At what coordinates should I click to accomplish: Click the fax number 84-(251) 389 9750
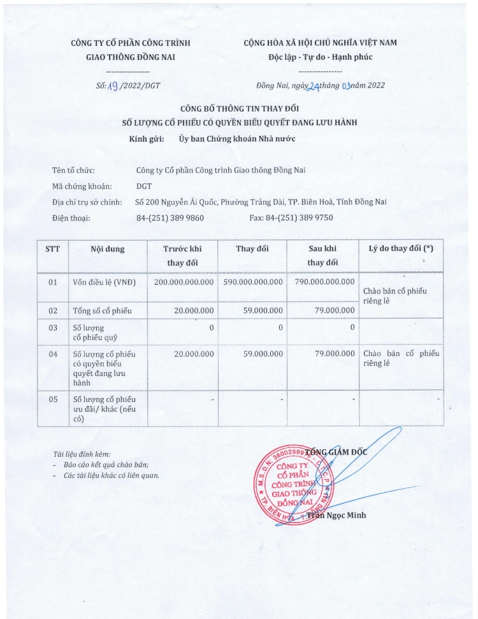291,218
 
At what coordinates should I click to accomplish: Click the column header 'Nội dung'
107,249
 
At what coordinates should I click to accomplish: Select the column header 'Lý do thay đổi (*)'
401,249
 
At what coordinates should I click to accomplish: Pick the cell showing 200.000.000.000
184,281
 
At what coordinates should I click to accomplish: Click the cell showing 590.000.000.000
253,281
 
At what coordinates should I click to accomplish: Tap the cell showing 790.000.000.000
324,281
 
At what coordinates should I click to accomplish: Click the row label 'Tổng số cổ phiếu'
102,310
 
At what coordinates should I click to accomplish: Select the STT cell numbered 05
53,399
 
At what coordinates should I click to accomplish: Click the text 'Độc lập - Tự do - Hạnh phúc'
320,57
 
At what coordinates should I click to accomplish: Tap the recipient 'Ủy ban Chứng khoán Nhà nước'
236,137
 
